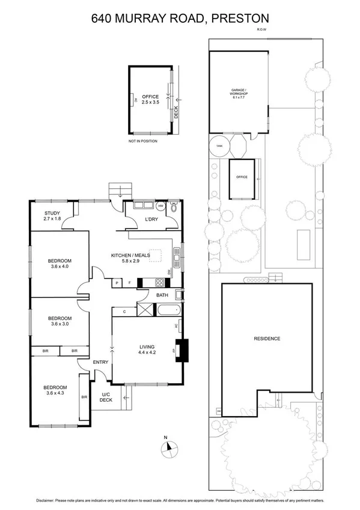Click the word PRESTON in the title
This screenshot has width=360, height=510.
pos(235,19)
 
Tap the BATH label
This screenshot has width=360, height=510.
pos(162,295)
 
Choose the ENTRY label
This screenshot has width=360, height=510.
pos(100,362)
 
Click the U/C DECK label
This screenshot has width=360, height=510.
pos(106,396)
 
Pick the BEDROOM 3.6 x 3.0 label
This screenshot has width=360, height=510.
pos(59,321)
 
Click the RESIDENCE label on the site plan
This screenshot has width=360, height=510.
pos(267,339)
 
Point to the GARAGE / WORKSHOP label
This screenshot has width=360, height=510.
pos(239,94)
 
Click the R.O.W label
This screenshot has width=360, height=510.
pos(261,29)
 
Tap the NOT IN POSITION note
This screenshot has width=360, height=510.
pos(142,141)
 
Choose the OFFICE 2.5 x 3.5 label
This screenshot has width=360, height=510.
pos(150,99)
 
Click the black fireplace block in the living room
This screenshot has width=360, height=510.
pos(185,351)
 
